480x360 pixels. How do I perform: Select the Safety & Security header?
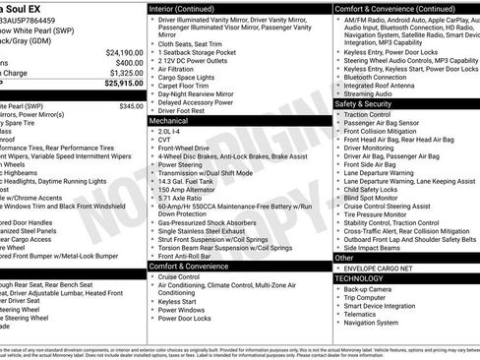(x=363, y=103)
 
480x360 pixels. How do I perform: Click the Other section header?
(x=344, y=257)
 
